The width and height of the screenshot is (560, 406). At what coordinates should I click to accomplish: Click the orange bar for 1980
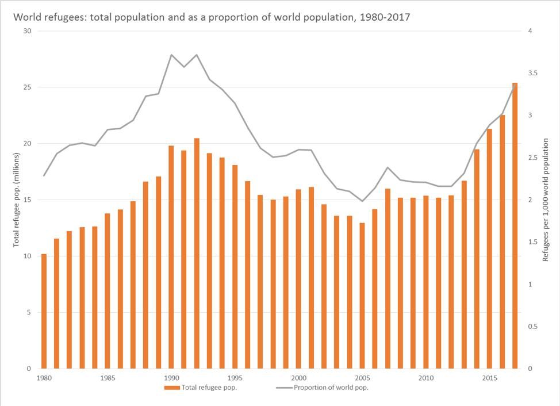(44, 311)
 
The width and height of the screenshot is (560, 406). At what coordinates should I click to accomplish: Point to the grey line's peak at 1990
(171, 55)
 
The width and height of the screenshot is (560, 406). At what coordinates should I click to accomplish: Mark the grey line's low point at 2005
(362, 201)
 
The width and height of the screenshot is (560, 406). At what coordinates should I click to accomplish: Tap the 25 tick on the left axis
(27, 87)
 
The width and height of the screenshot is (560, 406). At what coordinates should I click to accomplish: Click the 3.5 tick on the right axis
(533, 73)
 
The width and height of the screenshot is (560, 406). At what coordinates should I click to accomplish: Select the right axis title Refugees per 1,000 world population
(546, 200)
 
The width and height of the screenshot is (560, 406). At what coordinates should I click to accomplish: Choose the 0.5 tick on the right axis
(533, 327)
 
